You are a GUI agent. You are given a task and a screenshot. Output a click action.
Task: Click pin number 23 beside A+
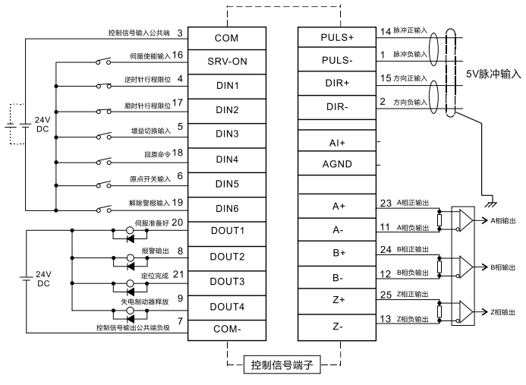(x=385, y=204)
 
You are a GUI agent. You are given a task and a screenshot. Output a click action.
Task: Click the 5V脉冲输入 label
(x=494, y=74)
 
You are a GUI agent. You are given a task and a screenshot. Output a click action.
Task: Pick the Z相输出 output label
(x=503, y=312)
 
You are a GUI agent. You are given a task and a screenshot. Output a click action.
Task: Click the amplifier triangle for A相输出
(x=464, y=220)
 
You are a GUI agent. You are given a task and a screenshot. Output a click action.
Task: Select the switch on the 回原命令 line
(x=104, y=160)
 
